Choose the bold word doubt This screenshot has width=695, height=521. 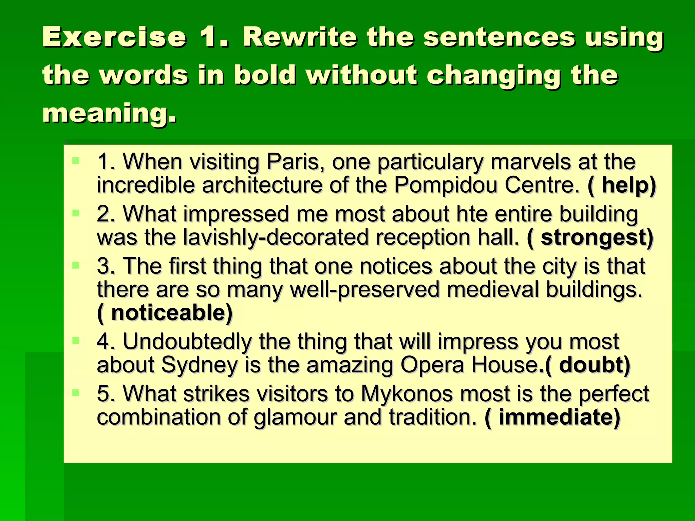[591, 365]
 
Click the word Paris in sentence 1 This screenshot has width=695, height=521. [293, 162]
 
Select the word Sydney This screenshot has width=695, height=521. [199, 365]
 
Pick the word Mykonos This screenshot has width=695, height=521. [407, 394]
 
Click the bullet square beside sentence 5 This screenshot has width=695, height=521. [76, 393]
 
